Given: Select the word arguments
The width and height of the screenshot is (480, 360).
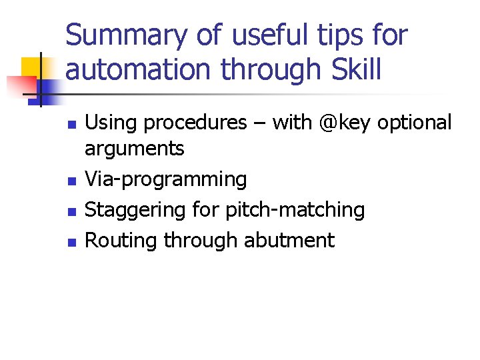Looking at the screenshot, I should pyautogui.click(x=135, y=149).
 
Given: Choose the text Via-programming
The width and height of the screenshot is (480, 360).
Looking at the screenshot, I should pyautogui.click(x=166, y=179).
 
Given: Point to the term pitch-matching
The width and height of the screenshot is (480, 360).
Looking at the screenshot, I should pyautogui.click(x=295, y=210).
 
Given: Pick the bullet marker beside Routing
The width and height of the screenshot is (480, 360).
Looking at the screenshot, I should pyautogui.click(x=72, y=241).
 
